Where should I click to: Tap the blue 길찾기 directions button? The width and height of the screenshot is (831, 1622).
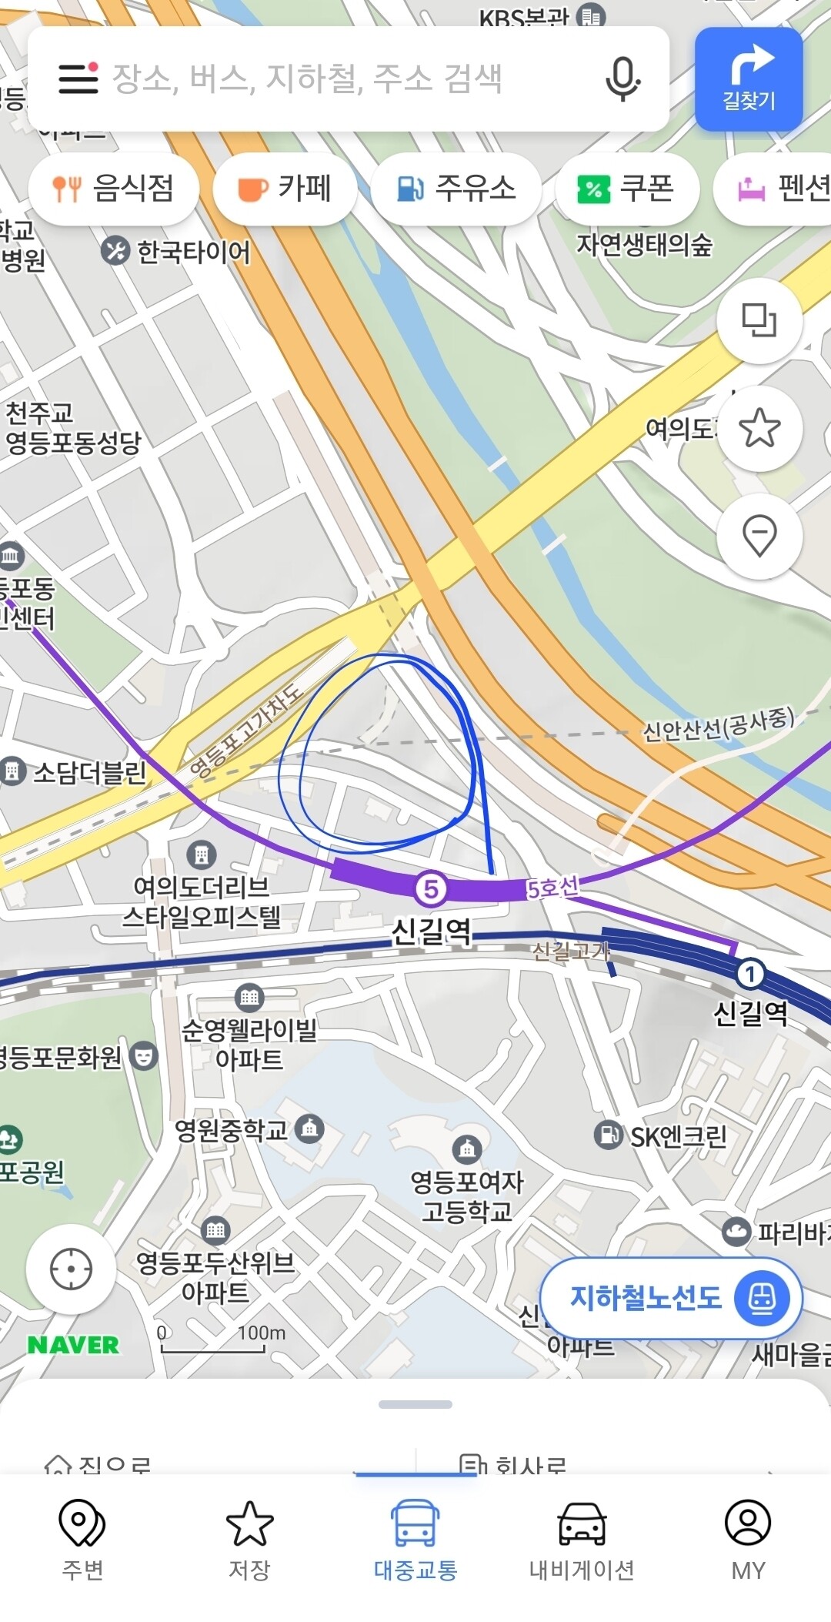(749, 79)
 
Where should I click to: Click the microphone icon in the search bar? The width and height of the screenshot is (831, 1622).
(622, 79)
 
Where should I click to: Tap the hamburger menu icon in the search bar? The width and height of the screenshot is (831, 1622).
(78, 79)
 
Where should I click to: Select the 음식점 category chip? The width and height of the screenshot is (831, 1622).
(114, 189)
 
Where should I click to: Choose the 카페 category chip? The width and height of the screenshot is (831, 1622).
(285, 189)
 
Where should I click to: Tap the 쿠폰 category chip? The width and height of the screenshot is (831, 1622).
(626, 189)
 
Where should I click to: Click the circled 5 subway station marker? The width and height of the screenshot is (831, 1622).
(431, 889)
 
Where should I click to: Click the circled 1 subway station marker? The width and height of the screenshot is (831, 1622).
(750, 974)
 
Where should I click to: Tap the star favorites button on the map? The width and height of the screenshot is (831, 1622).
(759, 428)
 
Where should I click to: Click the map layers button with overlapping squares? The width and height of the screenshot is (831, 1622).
(759, 320)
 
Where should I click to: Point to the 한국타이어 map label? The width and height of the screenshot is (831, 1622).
(192, 252)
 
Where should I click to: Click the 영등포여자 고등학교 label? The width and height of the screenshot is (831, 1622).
(467, 1196)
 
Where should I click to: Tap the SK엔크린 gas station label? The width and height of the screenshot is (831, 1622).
(677, 1136)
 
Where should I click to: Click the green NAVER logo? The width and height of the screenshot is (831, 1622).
(73, 1345)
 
